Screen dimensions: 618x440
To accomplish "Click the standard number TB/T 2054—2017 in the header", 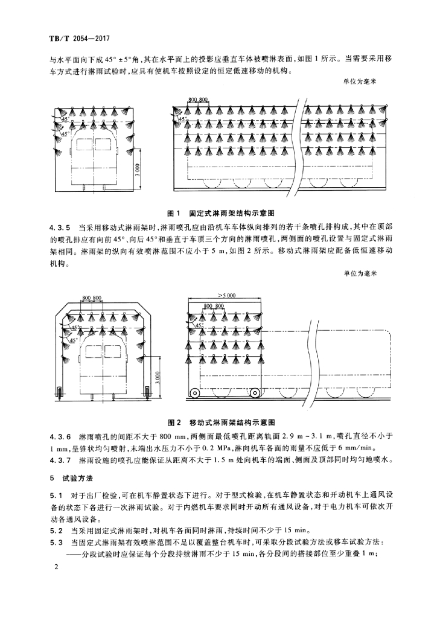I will pyautogui.click(x=74, y=39).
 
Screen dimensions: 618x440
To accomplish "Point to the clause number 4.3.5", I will pyautogui.click(x=60, y=229).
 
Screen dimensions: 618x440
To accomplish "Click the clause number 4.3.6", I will pyautogui.click(x=60, y=436).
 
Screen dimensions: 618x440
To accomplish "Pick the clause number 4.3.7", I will pyautogui.click(x=60, y=461).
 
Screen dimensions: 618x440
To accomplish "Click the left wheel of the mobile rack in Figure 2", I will pyautogui.click(x=196, y=393).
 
